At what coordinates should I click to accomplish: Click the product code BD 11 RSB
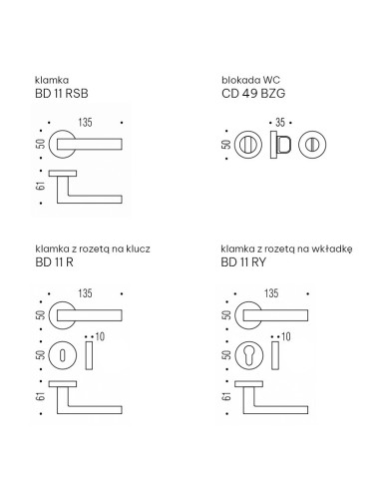click(x=62, y=94)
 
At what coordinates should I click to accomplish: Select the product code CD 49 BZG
click(x=253, y=94)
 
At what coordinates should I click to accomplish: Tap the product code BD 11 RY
click(x=243, y=262)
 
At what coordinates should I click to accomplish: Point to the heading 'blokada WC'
click(x=250, y=80)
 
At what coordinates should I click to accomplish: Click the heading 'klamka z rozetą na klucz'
click(x=93, y=248)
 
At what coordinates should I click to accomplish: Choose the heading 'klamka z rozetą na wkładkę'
click(x=286, y=248)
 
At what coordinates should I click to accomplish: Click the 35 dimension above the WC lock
click(x=280, y=123)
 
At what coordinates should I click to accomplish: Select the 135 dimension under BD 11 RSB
click(x=85, y=123)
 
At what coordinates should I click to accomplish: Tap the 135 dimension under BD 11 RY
click(x=271, y=293)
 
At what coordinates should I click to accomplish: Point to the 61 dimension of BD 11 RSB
click(x=40, y=186)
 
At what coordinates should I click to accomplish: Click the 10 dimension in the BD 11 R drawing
click(x=100, y=336)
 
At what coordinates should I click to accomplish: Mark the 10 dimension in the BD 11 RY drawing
click(x=286, y=336)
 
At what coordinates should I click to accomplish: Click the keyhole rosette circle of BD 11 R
click(x=63, y=355)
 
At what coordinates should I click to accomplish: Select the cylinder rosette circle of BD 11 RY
click(x=248, y=355)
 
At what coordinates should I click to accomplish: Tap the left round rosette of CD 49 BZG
click(x=248, y=145)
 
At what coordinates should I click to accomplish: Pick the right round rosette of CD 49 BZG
click(x=312, y=145)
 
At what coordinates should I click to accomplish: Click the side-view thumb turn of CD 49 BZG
click(x=281, y=145)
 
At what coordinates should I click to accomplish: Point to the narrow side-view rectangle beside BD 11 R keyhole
click(x=89, y=355)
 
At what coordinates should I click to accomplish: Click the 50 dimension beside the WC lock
click(x=226, y=145)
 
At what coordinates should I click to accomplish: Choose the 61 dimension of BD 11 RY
click(x=226, y=397)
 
